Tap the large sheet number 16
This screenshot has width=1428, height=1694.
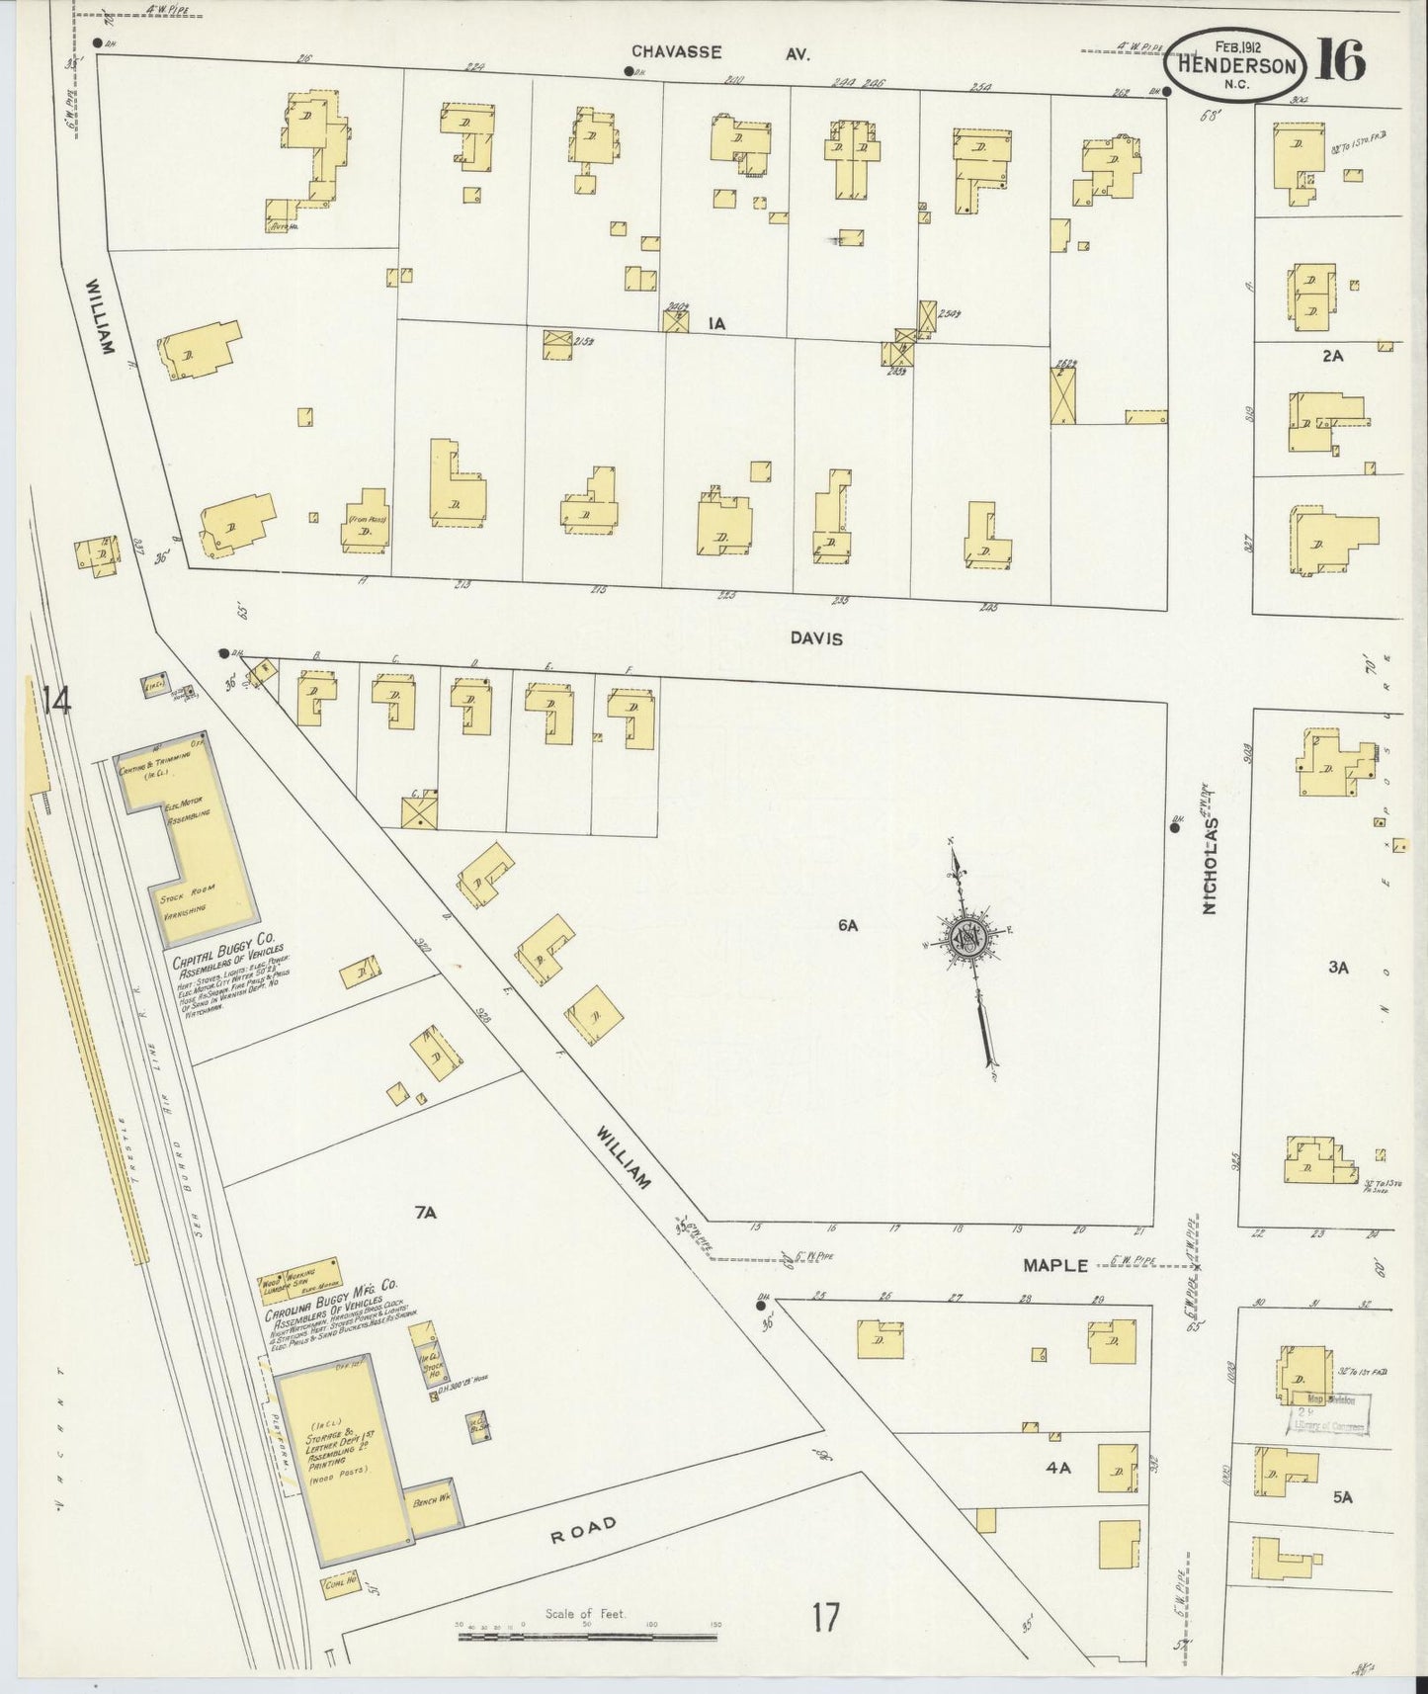pos(1340,61)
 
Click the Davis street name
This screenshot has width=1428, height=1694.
pos(816,639)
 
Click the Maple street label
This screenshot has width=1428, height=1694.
pos(1054,1265)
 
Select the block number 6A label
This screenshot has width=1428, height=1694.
pos(847,926)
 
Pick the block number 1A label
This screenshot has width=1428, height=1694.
pos(716,322)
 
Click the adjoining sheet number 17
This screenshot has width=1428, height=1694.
pos(826,1619)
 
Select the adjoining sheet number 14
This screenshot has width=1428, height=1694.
pos(57,702)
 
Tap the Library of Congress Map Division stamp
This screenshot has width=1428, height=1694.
pos(1327,1414)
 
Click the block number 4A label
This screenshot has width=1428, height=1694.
pos(1058,1469)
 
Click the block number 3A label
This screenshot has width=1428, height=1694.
pos(1337,968)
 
